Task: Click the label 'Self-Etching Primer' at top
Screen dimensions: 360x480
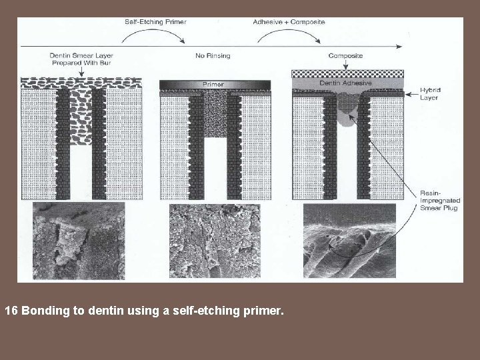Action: coord(155,22)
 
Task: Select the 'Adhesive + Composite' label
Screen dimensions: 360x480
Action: coord(289,22)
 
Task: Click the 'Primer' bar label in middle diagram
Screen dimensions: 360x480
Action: coord(213,85)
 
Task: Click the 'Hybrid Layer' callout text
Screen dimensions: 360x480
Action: coord(430,94)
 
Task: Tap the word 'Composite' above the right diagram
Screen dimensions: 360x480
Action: coord(345,56)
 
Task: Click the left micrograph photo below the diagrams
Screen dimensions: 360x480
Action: coord(79,240)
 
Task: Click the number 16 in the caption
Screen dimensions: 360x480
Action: coord(10,311)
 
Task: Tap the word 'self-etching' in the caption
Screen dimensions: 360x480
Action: coord(209,311)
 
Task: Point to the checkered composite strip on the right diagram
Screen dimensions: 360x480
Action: coord(347,73)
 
